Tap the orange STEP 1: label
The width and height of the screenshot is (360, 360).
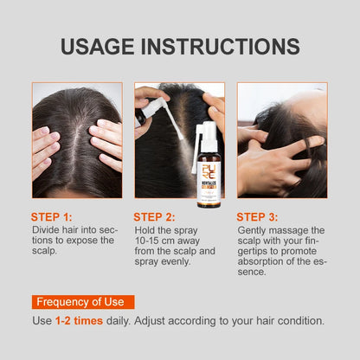(53, 216)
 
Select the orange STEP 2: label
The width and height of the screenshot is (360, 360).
(156, 216)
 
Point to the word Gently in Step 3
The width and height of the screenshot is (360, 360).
(254, 229)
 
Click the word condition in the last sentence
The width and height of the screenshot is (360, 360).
(299, 320)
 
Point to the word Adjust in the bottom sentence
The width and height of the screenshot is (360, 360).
(169, 320)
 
